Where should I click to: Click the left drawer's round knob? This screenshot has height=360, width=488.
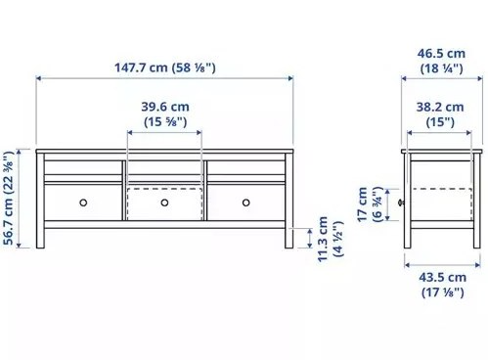pyautogui.click(x=83, y=202)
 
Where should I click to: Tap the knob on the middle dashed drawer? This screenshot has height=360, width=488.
pyautogui.click(x=164, y=202)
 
